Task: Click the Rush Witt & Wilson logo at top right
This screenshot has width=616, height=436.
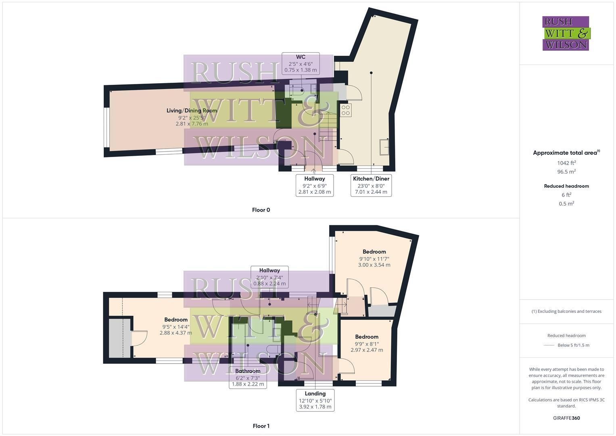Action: [566, 33]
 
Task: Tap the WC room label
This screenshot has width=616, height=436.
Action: [301, 63]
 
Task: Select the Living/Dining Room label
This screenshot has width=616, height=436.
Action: [192, 117]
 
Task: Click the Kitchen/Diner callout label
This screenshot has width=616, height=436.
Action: [371, 185]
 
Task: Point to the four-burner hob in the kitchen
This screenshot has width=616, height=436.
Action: [346, 110]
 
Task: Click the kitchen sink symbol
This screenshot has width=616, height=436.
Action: [384, 147]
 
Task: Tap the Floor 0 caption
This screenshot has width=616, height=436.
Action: [261, 210]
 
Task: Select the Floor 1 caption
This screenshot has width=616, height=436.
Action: [261, 426]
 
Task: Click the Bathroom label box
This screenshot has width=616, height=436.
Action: [248, 377]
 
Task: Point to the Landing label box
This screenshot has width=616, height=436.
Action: [315, 400]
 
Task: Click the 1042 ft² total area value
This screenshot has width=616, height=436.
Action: [566, 163]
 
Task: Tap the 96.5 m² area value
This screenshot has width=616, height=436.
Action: [566, 172]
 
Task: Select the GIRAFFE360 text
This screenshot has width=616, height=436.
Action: [566, 418]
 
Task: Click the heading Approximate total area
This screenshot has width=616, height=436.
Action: [566, 153]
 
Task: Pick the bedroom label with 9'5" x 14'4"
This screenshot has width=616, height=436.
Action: [176, 326]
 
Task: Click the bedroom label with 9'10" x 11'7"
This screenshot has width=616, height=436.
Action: [374, 258]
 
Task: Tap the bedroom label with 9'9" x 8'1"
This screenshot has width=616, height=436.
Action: [367, 343]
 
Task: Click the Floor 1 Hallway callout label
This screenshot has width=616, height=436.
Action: [269, 277]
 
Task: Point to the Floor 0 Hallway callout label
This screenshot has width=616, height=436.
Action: [315, 185]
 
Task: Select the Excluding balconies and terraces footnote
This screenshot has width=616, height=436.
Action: [566, 311]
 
